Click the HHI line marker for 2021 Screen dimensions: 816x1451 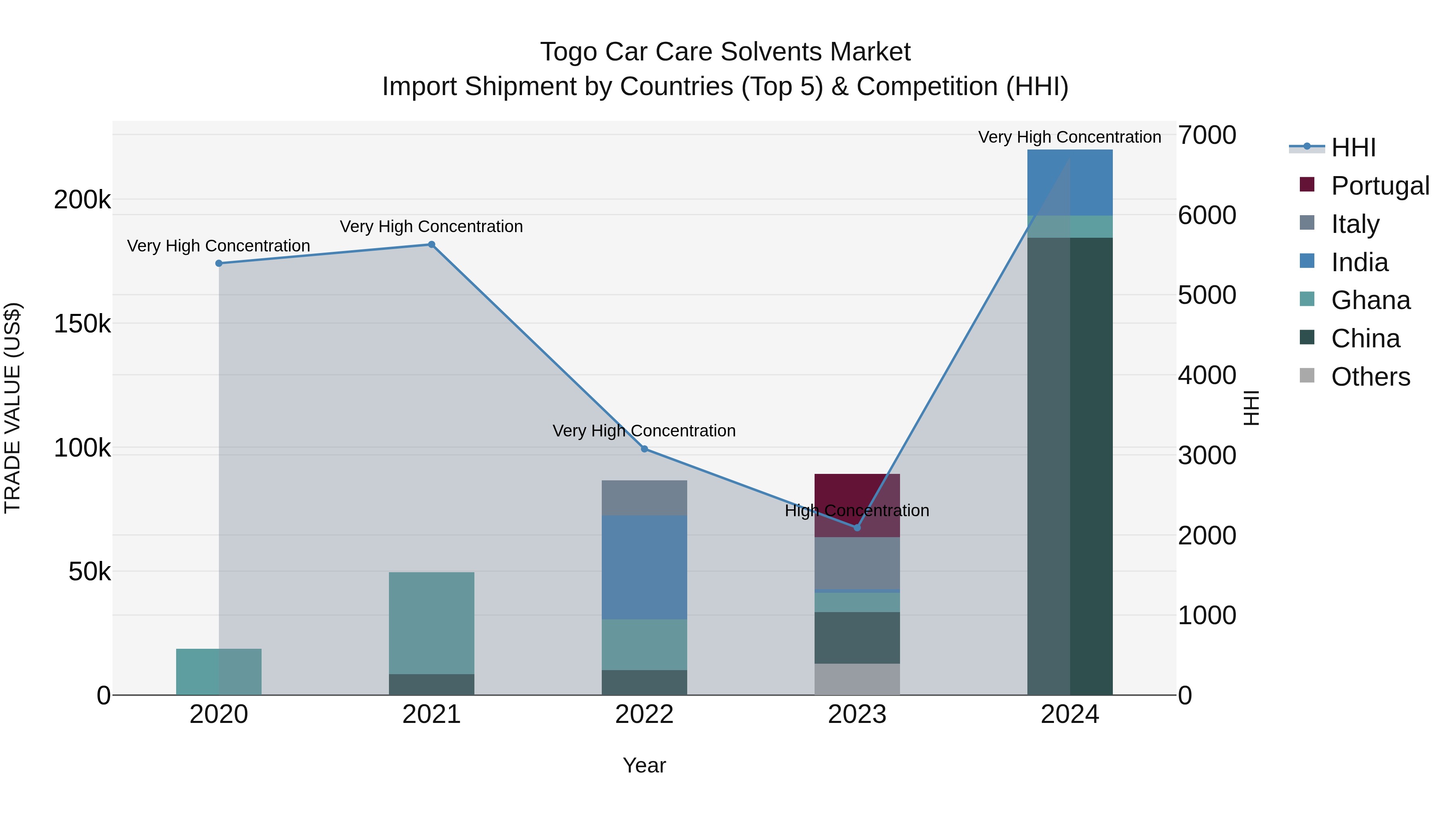coord(431,245)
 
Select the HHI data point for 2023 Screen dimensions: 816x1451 coord(857,527)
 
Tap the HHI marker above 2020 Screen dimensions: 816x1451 coord(218,263)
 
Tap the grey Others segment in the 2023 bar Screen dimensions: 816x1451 coord(857,679)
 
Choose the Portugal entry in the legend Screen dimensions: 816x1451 coord(1380,185)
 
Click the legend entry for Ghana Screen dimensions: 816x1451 coord(1370,300)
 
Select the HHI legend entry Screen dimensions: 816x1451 coord(1353,147)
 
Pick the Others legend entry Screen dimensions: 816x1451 coord(1370,377)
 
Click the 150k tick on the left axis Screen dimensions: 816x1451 coord(82,324)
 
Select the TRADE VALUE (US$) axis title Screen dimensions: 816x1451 coord(12,408)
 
